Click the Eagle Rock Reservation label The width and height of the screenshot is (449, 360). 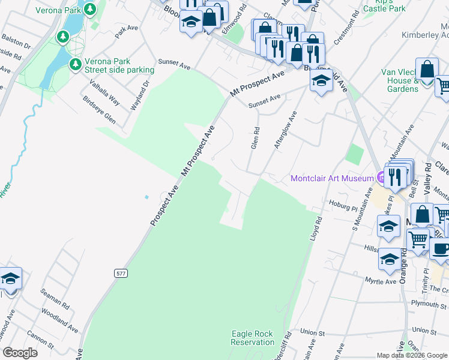click(252, 338)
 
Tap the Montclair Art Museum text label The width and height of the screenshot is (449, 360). click(333, 178)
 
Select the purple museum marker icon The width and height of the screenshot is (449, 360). click(381, 178)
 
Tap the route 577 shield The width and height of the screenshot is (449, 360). click(121, 273)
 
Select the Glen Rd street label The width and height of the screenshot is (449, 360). click(256, 138)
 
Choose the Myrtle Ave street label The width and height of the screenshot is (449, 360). click(381, 281)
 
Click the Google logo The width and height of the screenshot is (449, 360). click(20, 353)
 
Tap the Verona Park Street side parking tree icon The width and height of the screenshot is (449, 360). click(75, 64)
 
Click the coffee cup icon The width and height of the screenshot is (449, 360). click(441, 248)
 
